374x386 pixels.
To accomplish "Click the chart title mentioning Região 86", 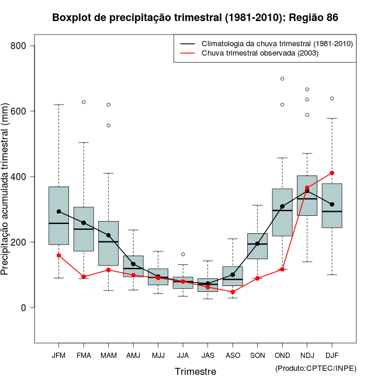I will (195, 18).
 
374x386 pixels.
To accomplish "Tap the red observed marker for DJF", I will (332, 173).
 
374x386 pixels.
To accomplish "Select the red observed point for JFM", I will (59, 256).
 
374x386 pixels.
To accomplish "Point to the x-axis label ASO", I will (233, 355).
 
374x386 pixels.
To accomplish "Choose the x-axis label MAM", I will (109, 355).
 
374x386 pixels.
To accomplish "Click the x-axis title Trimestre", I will (195, 371).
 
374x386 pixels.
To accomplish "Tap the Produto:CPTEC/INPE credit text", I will (316, 368).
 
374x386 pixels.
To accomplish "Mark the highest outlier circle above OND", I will (282, 78).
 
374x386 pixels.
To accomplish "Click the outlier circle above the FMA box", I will (84, 102).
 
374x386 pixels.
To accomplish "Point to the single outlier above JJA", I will (183, 254).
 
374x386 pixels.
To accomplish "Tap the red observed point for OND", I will (282, 270).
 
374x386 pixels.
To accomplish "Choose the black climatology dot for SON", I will (258, 243).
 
